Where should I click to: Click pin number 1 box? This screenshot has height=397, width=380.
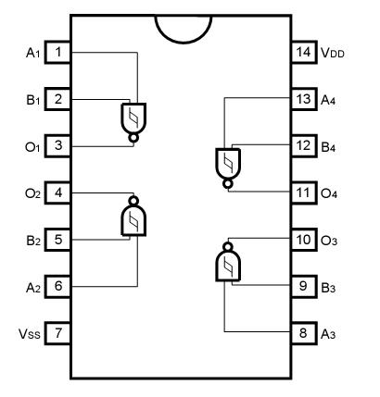coord(58,52)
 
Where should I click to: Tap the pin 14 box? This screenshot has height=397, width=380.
coord(303,52)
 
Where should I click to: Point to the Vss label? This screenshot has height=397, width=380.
coord(28,332)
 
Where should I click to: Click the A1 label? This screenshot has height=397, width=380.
coord(30,53)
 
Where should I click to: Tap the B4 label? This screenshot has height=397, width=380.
coord(330,146)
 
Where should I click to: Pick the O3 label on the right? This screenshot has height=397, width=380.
coord(330,240)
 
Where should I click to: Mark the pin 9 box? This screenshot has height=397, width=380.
coord(303,286)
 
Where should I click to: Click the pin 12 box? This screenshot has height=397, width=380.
coord(303,145)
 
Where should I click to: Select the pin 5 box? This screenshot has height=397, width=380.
coord(58,239)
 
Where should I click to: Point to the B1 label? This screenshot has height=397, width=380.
coord(30,99)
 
